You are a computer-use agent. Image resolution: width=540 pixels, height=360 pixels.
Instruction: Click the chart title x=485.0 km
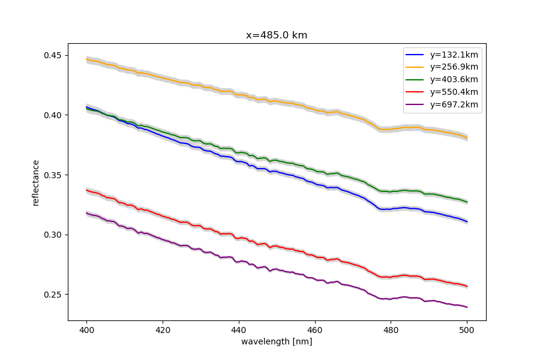[277, 35]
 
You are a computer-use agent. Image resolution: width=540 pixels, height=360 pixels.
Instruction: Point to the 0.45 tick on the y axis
[53, 55]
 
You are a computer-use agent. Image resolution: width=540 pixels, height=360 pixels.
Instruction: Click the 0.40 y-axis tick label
[53, 115]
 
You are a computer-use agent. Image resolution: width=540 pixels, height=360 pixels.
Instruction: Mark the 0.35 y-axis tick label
[53, 175]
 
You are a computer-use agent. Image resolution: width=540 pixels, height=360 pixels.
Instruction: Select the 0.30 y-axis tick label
[53, 235]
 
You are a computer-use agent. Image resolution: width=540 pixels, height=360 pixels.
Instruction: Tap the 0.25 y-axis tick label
[53, 295]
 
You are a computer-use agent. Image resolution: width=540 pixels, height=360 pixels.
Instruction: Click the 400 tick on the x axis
[86, 330]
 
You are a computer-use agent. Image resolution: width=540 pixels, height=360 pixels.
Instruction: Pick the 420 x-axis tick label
[163, 330]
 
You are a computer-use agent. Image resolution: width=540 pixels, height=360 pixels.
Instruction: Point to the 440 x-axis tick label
[239, 330]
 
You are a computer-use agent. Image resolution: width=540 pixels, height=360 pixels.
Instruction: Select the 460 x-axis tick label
[315, 330]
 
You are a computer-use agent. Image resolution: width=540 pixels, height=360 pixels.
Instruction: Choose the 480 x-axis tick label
[391, 330]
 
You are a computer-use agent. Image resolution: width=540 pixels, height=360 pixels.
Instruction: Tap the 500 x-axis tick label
[467, 330]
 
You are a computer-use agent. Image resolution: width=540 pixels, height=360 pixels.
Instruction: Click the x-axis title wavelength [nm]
[277, 341]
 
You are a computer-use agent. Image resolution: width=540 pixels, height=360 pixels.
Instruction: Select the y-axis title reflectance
[35, 182]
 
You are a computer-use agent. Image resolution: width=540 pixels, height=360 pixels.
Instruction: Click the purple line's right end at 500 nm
[467, 307]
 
